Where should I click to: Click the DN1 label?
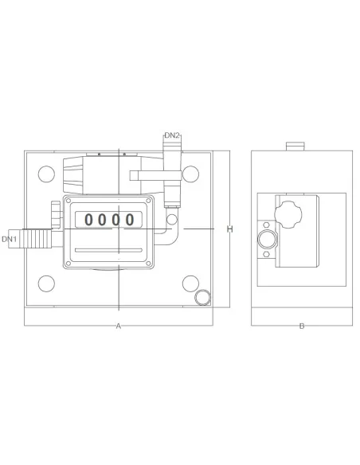(10, 238)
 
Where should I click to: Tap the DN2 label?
(172, 136)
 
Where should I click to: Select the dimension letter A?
(118, 326)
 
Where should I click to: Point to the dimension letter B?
(301, 326)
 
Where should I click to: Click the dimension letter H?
(229, 229)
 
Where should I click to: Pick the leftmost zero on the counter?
(90, 219)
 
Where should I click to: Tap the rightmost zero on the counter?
(129, 219)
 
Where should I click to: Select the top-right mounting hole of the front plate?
(190, 172)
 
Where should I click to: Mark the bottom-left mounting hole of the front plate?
(46, 283)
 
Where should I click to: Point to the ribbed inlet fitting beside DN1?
(35, 237)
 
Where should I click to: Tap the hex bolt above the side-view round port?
(266, 225)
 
